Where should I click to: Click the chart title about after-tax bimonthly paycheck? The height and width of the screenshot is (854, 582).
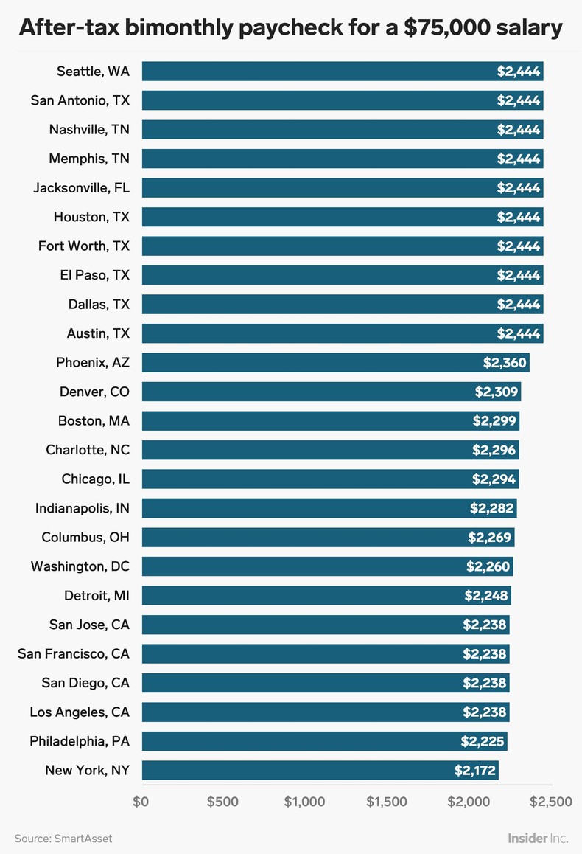point(290,28)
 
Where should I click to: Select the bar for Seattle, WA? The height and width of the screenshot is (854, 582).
point(342,72)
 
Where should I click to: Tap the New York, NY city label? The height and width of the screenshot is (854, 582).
point(87,770)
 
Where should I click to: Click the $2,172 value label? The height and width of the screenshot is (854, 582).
point(475,770)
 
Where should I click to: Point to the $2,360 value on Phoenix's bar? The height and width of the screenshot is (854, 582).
point(505,362)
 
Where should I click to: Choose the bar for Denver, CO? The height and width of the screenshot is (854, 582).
point(331,392)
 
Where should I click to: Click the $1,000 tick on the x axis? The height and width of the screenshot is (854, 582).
point(304,802)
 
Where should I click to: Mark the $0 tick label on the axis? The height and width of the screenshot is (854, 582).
point(141,802)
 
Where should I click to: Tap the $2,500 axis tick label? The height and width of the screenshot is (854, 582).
point(550,802)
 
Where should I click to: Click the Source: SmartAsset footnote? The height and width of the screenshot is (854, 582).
point(63,839)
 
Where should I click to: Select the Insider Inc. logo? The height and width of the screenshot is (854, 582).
point(537,838)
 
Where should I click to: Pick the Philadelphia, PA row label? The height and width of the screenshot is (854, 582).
point(80,741)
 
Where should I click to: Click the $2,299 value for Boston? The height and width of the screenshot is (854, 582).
point(495,420)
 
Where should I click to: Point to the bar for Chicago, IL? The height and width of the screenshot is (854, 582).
point(329,479)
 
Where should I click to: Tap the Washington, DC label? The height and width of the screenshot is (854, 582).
point(80,566)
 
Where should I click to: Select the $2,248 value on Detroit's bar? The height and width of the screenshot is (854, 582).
point(487,595)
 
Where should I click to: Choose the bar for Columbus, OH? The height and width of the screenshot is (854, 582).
point(327,537)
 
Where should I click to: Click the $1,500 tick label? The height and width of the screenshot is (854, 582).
point(386,802)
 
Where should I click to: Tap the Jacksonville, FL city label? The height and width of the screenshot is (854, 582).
point(81,187)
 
